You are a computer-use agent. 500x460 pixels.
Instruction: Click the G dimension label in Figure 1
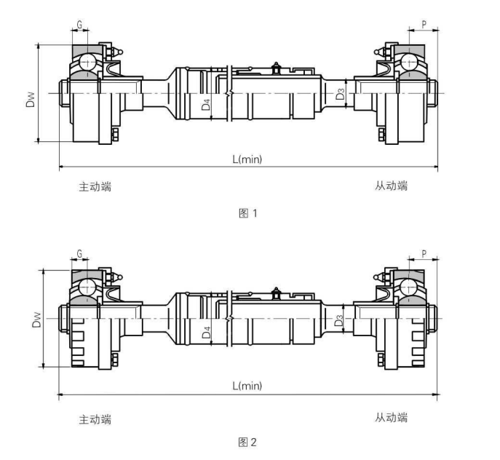pos(80,24)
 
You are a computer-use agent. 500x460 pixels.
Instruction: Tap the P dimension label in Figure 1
pos(424,23)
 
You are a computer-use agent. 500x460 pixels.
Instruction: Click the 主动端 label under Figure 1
pos(95,186)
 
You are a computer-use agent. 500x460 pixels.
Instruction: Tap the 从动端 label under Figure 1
pos(392,186)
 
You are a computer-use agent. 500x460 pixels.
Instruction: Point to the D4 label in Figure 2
pos(206,333)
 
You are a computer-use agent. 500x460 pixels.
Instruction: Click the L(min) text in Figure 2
pos(247,386)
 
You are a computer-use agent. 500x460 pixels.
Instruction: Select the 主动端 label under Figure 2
pos(95,419)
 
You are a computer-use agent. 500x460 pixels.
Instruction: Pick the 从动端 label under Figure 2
pos(392,417)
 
